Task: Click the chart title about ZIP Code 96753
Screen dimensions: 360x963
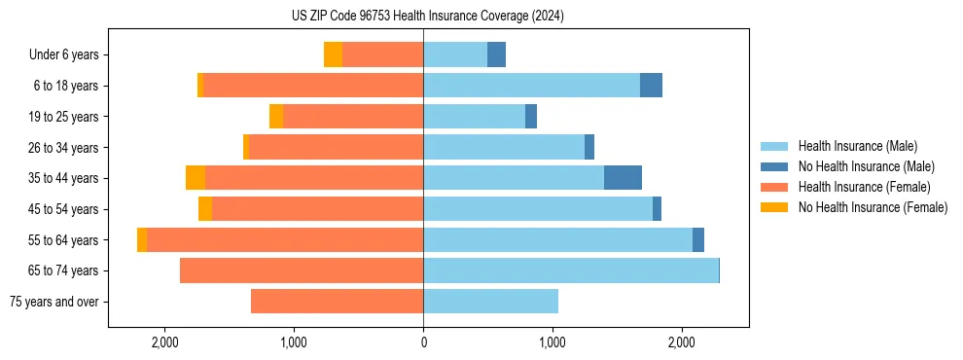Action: tap(427, 16)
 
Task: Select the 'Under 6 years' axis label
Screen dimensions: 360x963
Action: tap(69, 55)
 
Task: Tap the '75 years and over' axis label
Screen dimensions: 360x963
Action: tap(53, 302)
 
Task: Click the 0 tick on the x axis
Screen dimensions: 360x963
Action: tap(423, 342)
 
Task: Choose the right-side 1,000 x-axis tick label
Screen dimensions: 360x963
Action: tap(553, 342)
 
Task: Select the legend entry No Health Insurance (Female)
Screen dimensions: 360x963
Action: tap(873, 207)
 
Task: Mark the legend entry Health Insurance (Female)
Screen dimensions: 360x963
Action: tap(864, 187)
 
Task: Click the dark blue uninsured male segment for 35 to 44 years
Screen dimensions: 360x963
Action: tap(623, 178)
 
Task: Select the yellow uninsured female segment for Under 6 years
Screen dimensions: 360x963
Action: tap(333, 55)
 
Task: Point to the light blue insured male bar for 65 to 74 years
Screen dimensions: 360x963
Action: tap(571, 270)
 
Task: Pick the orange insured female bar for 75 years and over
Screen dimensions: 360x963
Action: tap(337, 302)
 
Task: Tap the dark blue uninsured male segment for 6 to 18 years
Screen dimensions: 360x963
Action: tap(651, 86)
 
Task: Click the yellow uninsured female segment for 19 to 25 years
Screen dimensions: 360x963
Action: tap(276, 117)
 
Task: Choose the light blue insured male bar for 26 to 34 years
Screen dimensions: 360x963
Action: tap(504, 147)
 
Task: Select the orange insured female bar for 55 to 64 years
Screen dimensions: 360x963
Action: tap(285, 239)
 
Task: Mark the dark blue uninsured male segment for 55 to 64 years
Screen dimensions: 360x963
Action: tap(698, 239)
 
